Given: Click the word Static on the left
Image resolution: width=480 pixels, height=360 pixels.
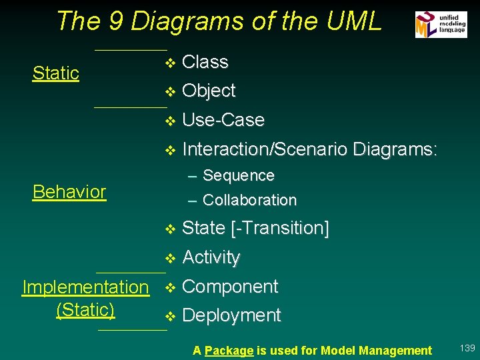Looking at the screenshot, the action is coord(56,73).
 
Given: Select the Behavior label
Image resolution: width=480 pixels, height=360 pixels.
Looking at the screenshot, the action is coord(69,192).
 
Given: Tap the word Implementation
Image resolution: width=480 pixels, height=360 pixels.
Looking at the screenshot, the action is coord(85,287).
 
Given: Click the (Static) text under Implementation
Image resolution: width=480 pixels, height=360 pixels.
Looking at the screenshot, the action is coord(85,310).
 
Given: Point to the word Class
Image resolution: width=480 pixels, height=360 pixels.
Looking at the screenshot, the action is coord(205,62).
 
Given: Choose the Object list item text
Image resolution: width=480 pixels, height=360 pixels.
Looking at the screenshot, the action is coord(209,91).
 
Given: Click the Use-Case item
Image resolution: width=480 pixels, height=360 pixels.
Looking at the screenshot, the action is coord(223,120).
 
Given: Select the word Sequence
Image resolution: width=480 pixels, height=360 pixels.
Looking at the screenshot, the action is coord(239,176).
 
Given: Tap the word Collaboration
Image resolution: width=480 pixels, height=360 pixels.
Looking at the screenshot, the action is coord(249,200).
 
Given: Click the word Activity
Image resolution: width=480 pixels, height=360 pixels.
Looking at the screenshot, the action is coord(211,257).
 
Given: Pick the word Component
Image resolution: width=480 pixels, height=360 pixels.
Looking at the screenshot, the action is coord(230,287).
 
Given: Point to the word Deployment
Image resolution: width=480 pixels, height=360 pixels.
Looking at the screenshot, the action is coord(231,315).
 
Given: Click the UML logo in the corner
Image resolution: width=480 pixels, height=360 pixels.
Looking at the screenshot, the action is coord(441,25).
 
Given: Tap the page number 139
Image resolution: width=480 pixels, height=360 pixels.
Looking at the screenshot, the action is coord(467,348).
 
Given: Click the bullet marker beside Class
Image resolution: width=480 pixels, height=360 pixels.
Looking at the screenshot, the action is coord(169,63).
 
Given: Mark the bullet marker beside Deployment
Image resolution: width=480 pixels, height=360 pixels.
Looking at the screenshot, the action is coord(169,316).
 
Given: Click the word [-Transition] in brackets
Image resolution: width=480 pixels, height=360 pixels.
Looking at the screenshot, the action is coord(279,228).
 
